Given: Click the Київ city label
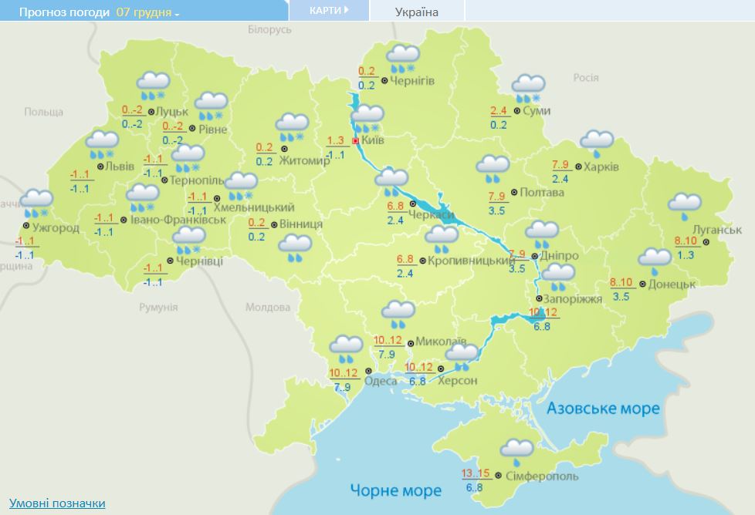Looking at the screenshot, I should [373, 140].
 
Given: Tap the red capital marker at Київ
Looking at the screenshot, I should [355, 141].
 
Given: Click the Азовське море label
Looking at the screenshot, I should [603, 408].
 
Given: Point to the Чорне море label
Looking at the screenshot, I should [395, 490].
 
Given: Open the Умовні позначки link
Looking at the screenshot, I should [57, 503].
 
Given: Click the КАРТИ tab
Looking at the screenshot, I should [328, 10].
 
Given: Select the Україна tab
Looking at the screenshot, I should [416, 12].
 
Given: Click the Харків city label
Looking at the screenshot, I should [602, 167].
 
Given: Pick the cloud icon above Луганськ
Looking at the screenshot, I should [684, 204].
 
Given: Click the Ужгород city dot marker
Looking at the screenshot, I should [26, 226].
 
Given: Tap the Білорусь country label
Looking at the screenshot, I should [269, 29].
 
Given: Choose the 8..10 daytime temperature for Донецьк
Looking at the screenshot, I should [621, 282].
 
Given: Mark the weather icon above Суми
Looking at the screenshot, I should [529, 87].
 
